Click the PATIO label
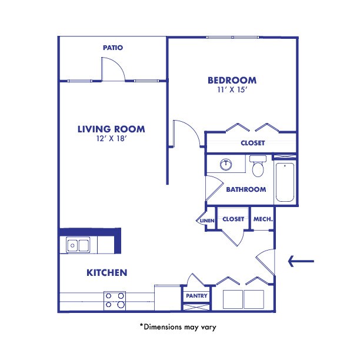[112, 48]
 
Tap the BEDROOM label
[231, 81]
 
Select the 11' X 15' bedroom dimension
[231, 91]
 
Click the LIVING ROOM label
[111, 129]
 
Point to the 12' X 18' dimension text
[111, 140]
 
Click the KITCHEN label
[107, 272]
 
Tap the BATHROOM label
[246, 189]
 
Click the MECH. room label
[262, 219]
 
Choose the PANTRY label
[196, 296]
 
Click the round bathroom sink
[225, 164]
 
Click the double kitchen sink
[78, 244]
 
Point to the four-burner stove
[115, 300]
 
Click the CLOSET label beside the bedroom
[252, 143]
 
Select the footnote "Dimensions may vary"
[177, 325]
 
